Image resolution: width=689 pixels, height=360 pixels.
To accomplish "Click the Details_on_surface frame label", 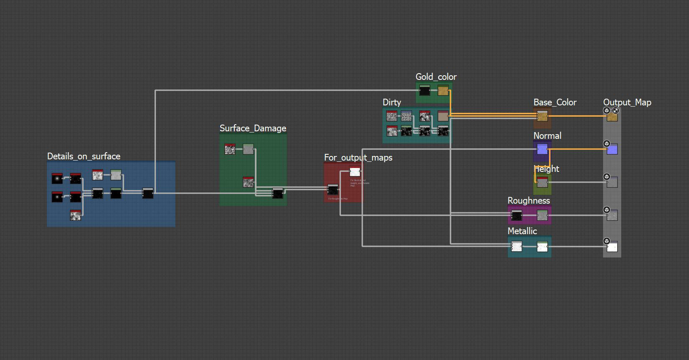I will pos(84,156).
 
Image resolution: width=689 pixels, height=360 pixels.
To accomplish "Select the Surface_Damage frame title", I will pos(253,128).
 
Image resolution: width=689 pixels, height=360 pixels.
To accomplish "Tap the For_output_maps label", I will pos(358,158).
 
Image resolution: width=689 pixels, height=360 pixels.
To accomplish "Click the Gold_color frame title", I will pos(436,77).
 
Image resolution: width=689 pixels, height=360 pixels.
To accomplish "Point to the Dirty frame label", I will pos(392,102).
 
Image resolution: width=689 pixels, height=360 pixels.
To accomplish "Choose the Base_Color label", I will pos(554,102).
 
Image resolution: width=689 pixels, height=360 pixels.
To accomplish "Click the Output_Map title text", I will pos(627,102).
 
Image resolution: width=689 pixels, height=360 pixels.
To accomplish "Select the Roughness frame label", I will pos(529,201).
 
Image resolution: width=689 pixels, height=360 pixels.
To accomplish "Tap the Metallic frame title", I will pos(522,231).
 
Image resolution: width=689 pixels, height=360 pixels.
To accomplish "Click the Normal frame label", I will pos(547,136).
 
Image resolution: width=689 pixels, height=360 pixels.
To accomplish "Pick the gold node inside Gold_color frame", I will pos(443,91).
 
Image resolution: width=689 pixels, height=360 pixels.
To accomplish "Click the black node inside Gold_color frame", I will pos(425,91).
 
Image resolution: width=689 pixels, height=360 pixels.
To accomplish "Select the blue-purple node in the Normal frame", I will pos(542,149).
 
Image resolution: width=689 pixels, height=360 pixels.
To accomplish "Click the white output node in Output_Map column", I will pos(612,247).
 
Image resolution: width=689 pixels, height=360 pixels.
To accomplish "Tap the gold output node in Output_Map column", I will pos(612,117).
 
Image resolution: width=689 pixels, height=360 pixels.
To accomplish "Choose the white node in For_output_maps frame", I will pos(355,171).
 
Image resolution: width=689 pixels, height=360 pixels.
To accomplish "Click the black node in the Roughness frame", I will pos(516,215).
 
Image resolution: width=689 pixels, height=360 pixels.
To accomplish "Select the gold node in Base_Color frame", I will pos(542,116).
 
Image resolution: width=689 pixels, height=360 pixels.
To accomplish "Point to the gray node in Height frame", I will pos(542,182).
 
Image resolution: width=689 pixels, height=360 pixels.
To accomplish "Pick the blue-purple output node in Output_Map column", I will pos(612,149).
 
